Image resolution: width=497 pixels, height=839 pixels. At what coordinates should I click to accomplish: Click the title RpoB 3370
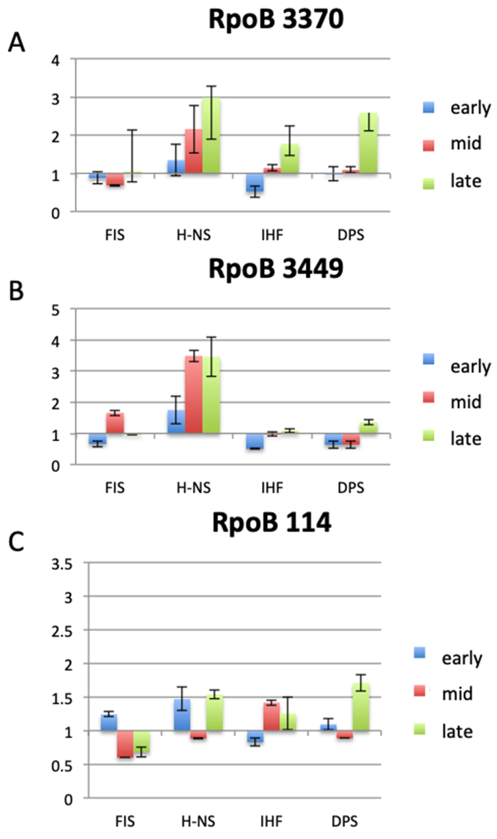276,20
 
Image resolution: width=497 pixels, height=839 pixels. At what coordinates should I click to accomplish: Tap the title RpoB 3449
276,269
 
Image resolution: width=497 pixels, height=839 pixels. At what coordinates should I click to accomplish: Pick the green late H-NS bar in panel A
211,136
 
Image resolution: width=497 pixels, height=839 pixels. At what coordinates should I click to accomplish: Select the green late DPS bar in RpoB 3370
368,143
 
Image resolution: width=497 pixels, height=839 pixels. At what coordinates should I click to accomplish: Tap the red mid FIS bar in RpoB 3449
115,423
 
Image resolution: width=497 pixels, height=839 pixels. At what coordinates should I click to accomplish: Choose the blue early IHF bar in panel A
255,182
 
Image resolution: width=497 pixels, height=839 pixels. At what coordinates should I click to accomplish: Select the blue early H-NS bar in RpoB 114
182,715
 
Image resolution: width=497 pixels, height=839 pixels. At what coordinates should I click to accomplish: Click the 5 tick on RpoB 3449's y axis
55,310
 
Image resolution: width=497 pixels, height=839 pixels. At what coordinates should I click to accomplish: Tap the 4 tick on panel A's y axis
55,61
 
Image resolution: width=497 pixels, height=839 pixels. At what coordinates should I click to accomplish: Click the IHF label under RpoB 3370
272,235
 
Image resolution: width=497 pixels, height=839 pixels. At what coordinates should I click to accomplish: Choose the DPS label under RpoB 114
345,822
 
